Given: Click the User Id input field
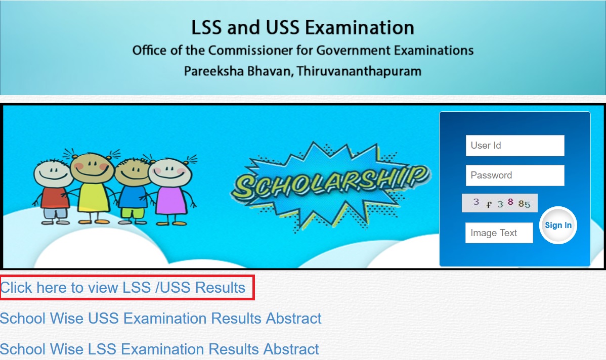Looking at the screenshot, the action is pos(515,146).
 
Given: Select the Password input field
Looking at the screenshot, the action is pos(515,175).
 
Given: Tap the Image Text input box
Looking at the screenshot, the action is pos(499,233).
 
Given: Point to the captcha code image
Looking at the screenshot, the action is pos(500,203).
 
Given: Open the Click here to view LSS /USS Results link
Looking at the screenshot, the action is pos(123,287).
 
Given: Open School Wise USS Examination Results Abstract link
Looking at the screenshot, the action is pos(161,318).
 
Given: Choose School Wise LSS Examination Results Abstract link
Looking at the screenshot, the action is pos(160,349).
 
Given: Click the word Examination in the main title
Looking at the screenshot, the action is pos(360,28).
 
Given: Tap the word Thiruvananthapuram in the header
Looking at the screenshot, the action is pos(359,71).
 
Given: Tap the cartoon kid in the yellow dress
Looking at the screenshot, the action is pos(92,187).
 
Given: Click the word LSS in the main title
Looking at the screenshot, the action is pos(207,28).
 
